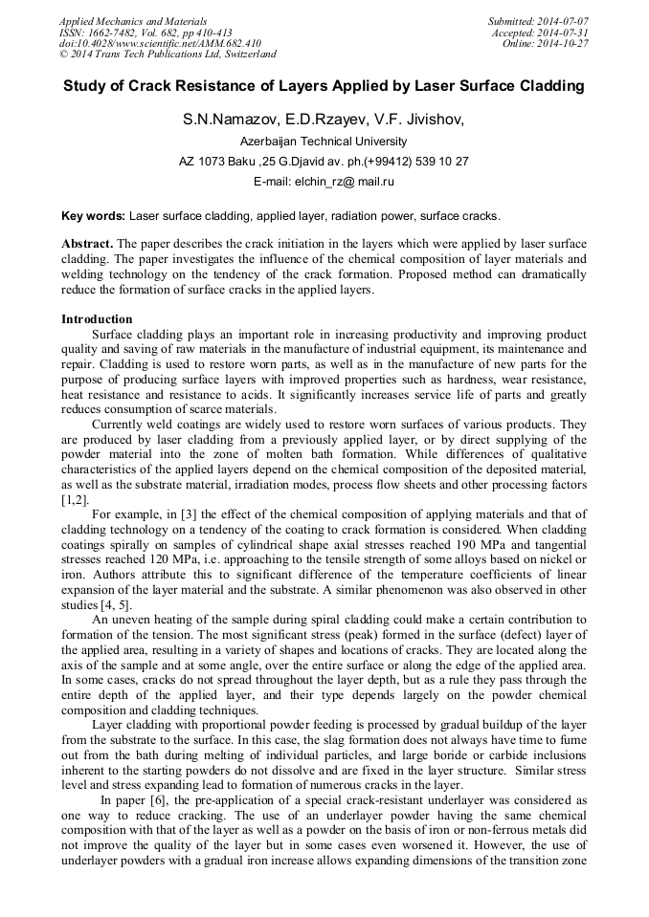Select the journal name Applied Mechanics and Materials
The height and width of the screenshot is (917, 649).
pos(133,21)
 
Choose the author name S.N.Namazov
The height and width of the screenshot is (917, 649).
pos(226,120)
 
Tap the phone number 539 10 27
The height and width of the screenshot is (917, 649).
pos(443,162)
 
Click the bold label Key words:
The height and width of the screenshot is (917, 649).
pos(93,217)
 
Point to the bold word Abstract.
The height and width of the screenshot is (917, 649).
pos(87,244)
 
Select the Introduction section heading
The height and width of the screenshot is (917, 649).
pos(97,318)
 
